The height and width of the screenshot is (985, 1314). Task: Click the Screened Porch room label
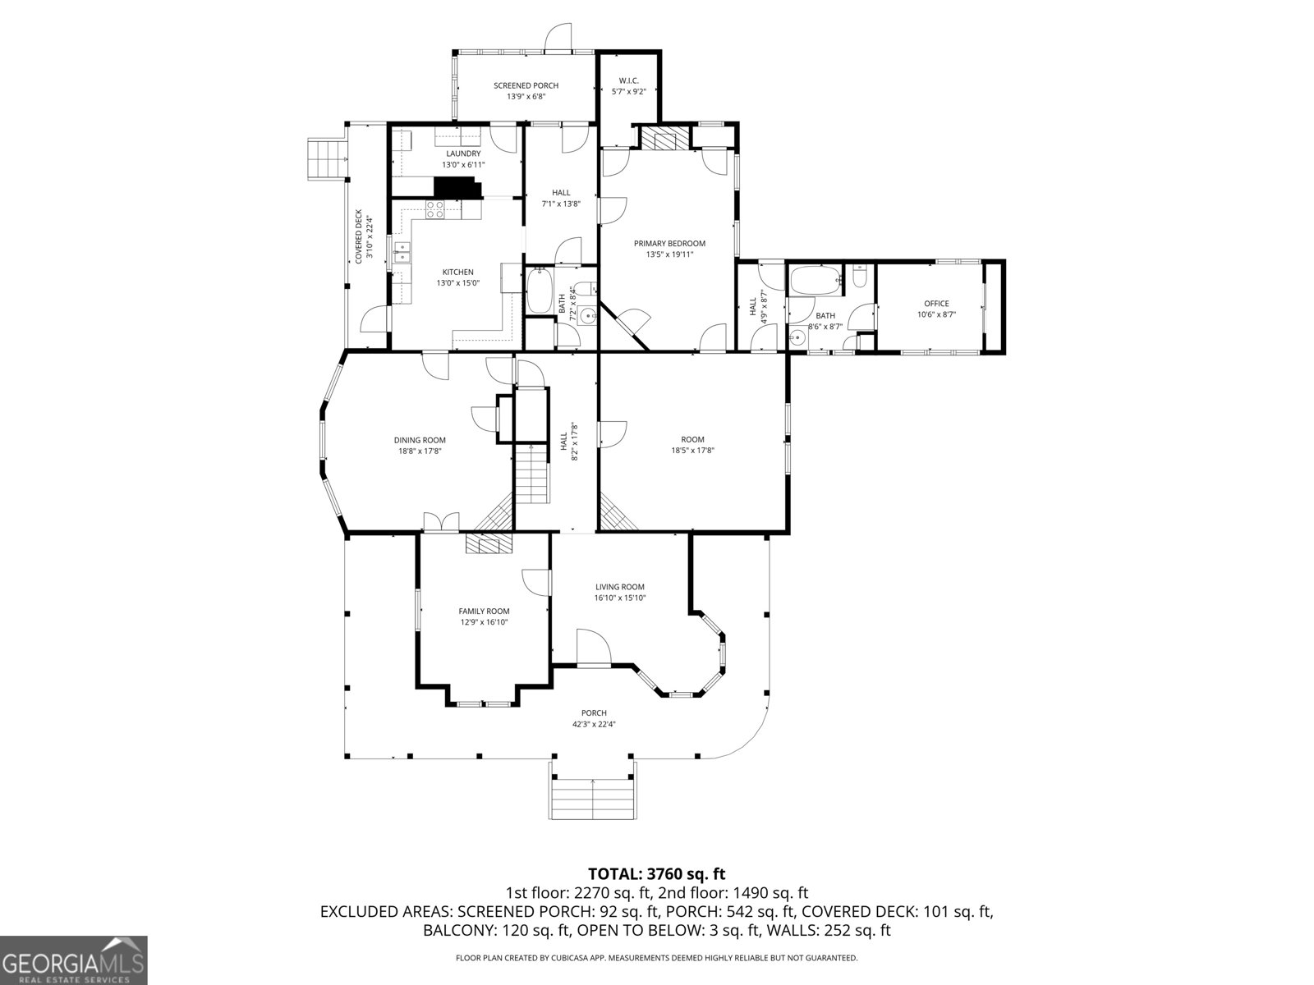point(526,85)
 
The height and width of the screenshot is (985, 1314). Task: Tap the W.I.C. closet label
point(628,80)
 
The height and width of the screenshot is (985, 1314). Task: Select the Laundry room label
point(463,153)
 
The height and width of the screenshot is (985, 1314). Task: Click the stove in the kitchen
point(434,209)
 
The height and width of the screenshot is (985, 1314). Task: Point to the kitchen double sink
point(402,253)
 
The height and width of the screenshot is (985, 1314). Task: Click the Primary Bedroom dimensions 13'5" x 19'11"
point(669,254)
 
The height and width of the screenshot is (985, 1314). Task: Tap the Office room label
point(936,304)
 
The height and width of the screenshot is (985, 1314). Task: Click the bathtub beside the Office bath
point(815,281)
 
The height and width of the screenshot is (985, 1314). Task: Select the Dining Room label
point(419,440)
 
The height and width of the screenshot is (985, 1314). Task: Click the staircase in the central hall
point(531,474)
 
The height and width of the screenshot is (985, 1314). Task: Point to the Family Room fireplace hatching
point(489,544)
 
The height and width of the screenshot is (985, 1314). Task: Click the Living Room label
point(620,587)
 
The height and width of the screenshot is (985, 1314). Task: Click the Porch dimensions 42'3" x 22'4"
point(594,725)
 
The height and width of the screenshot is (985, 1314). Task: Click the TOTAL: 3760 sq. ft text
point(656,873)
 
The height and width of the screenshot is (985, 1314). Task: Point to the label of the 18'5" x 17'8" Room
point(692,440)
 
